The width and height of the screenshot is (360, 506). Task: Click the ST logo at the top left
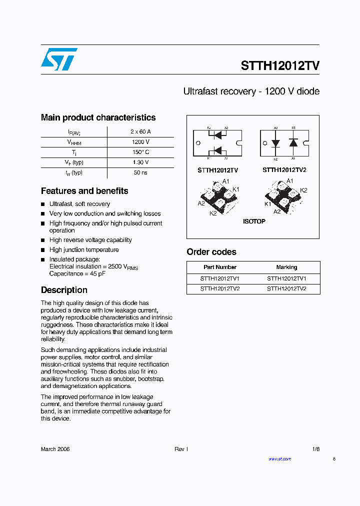click(x=59, y=59)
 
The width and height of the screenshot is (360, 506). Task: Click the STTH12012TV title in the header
click(x=280, y=66)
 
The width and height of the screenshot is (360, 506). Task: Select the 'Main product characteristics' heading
click(x=98, y=117)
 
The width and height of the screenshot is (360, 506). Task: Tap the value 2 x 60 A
click(x=140, y=131)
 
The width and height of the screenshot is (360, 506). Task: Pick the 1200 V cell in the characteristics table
click(x=140, y=142)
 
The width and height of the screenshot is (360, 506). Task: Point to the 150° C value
click(x=140, y=152)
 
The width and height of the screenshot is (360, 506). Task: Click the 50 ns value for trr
click(x=140, y=172)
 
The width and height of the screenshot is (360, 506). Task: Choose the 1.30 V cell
click(x=140, y=162)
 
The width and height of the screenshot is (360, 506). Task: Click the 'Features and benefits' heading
click(x=84, y=191)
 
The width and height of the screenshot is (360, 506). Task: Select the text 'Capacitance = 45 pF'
click(x=76, y=274)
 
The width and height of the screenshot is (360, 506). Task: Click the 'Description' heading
click(x=64, y=290)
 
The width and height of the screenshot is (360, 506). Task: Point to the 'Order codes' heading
click(x=211, y=252)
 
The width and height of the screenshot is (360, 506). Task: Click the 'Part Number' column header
click(x=220, y=267)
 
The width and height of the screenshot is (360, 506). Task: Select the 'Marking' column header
click(x=286, y=267)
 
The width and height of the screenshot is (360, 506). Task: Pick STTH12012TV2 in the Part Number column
click(x=220, y=288)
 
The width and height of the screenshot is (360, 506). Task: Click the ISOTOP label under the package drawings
click(x=254, y=221)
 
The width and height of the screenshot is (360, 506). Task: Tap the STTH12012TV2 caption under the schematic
click(x=284, y=170)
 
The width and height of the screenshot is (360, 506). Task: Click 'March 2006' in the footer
click(x=55, y=449)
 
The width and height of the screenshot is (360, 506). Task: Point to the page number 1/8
click(x=315, y=449)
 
